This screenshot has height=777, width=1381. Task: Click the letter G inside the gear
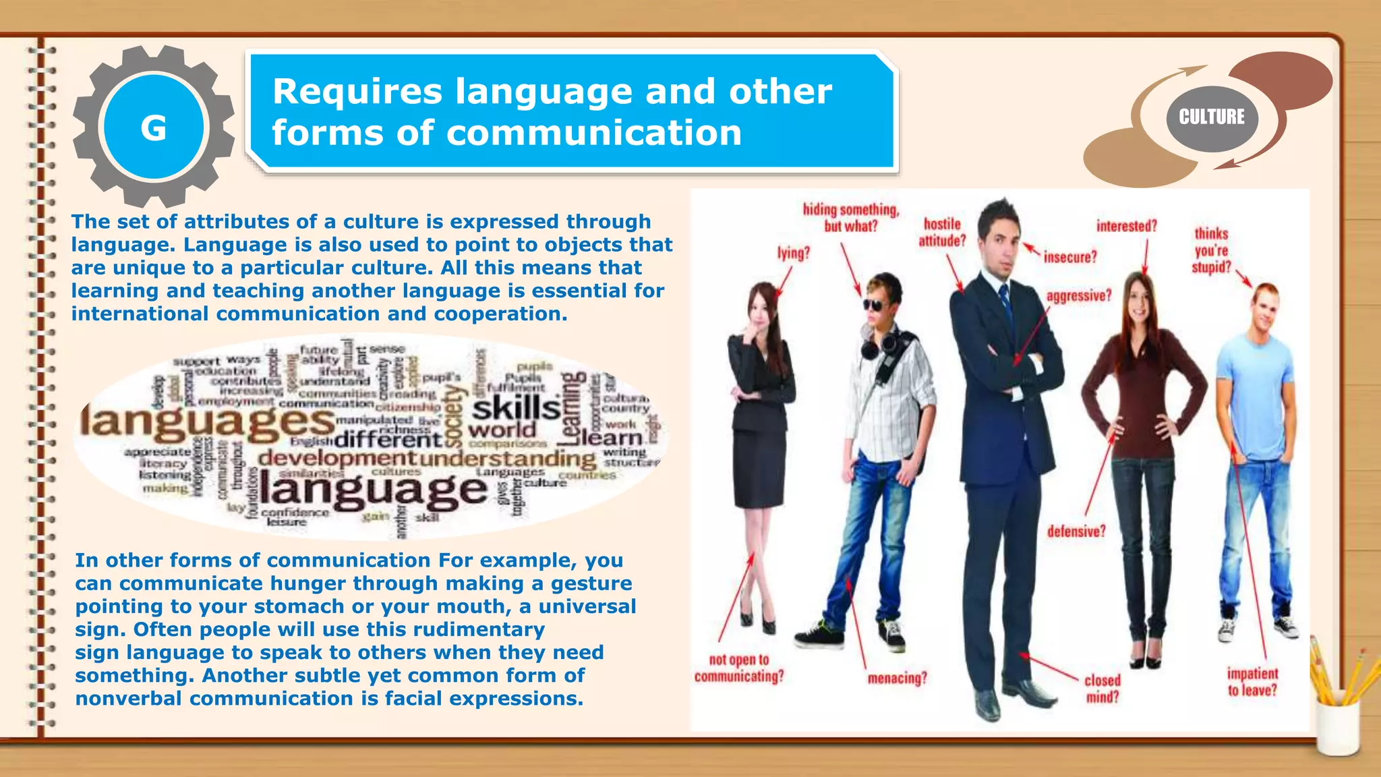154,127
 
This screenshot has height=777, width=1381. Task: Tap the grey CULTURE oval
1212,117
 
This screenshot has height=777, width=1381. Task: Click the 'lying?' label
794,253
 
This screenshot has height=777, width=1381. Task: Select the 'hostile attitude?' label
942,232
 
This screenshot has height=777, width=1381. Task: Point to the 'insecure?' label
1070,257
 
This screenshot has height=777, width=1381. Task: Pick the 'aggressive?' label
1079,295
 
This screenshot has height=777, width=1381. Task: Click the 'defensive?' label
1076,531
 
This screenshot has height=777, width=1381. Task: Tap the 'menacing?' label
898,678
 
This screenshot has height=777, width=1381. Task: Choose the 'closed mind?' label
1103,689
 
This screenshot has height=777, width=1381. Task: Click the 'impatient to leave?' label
1252,682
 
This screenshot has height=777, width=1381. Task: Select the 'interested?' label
1126,226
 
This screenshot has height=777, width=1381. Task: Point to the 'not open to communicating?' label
739,668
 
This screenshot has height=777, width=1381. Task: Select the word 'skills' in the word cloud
516,408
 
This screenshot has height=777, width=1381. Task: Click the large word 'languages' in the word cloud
208,422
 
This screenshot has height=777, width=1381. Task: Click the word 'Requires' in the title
357,92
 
